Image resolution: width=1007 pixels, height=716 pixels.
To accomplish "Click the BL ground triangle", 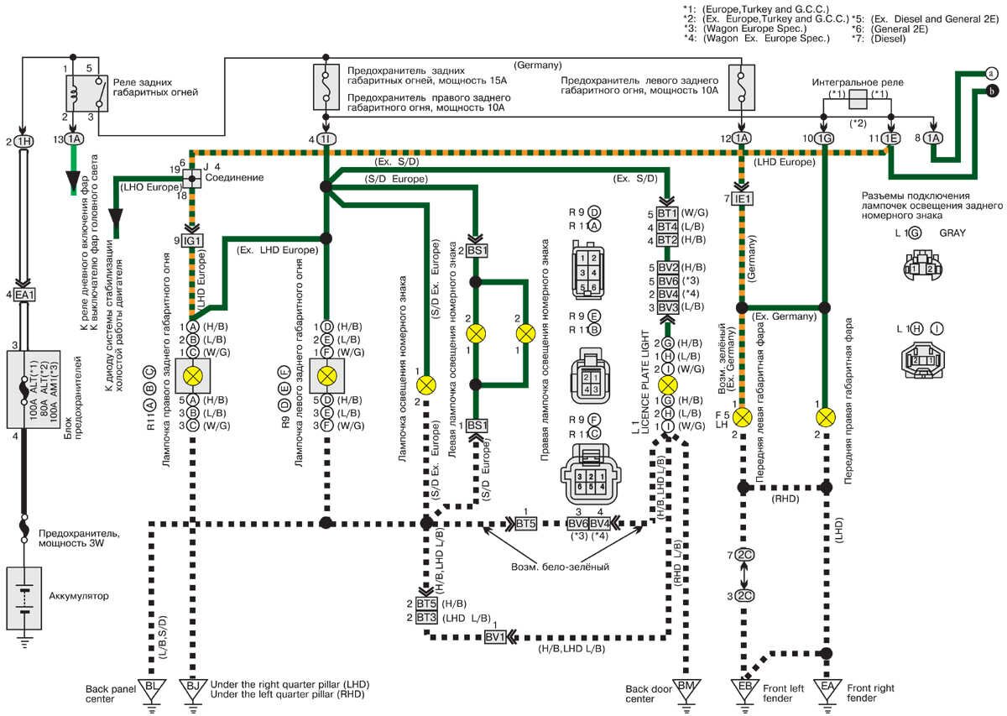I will (x=152, y=686).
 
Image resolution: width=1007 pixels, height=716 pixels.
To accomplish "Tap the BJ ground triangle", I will (x=194, y=686).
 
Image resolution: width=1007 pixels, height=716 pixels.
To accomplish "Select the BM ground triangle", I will (x=686, y=686).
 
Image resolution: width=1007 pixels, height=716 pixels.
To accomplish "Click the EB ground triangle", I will (x=744, y=686).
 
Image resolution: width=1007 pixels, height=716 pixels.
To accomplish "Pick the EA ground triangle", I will (x=827, y=686).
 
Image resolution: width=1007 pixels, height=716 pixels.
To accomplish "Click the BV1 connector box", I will (x=495, y=637).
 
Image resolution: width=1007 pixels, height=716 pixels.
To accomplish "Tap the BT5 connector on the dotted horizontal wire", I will (x=525, y=525).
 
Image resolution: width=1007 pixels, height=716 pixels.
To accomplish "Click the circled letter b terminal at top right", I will (x=992, y=91).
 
